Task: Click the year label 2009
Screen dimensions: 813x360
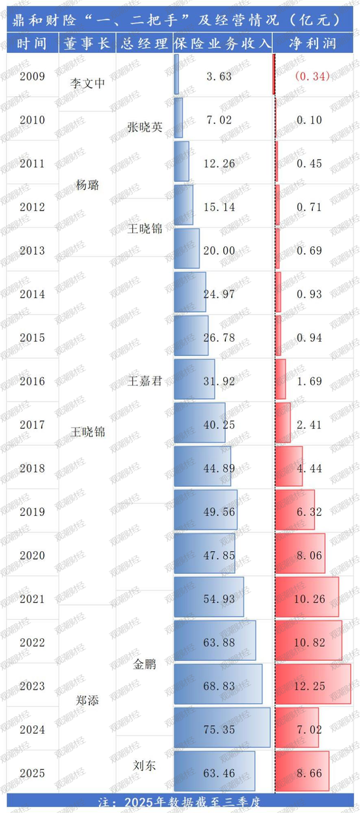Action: tap(32, 77)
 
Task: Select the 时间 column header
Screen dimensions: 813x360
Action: tap(32, 43)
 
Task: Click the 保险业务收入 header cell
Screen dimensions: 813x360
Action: tap(222, 43)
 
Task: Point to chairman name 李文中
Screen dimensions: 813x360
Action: tap(87, 84)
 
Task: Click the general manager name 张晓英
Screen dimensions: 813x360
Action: tap(144, 128)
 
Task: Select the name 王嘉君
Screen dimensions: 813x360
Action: tap(144, 381)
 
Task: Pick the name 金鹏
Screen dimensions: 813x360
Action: tap(144, 664)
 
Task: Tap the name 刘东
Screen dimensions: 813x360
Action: tap(144, 765)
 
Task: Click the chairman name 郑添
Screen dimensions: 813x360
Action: tap(87, 700)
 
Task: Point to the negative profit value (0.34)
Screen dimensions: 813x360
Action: tap(312, 77)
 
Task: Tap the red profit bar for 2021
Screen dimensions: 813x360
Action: tap(307, 597)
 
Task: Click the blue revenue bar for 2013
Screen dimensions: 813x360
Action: tap(187, 249)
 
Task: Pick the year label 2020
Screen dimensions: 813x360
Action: tap(32, 555)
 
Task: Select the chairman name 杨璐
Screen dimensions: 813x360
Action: tap(87, 185)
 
